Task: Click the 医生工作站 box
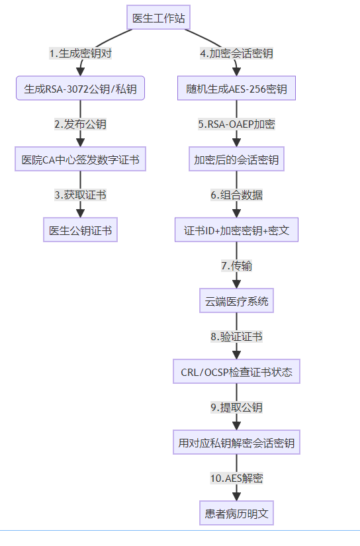pyautogui.click(x=158, y=17)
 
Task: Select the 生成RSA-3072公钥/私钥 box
pyautogui.click(x=81, y=89)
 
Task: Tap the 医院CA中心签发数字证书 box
pyautogui.click(x=81, y=159)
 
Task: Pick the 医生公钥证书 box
pyautogui.click(x=81, y=230)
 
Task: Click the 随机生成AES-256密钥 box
pyautogui.click(x=236, y=89)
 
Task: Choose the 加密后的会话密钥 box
pyautogui.click(x=236, y=159)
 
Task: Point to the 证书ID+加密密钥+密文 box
pyautogui.click(x=236, y=230)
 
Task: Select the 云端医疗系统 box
pyautogui.click(x=236, y=300)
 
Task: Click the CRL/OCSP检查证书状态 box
pyautogui.click(x=236, y=371)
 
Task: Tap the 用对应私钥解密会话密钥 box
pyautogui.click(x=236, y=442)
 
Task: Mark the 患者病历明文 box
pyautogui.click(x=236, y=513)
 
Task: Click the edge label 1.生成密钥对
pyautogui.click(x=81, y=54)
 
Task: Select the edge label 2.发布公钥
pyautogui.click(x=81, y=124)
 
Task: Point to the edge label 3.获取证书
pyautogui.click(x=81, y=195)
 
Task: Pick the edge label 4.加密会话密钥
pyautogui.click(x=236, y=54)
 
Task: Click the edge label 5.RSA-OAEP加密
pyautogui.click(x=236, y=124)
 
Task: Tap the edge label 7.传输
pyautogui.click(x=236, y=265)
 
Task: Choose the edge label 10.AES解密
pyautogui.click(x=236, y=478)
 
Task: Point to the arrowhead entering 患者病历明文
pyautogui.click(x=236, y=496)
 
